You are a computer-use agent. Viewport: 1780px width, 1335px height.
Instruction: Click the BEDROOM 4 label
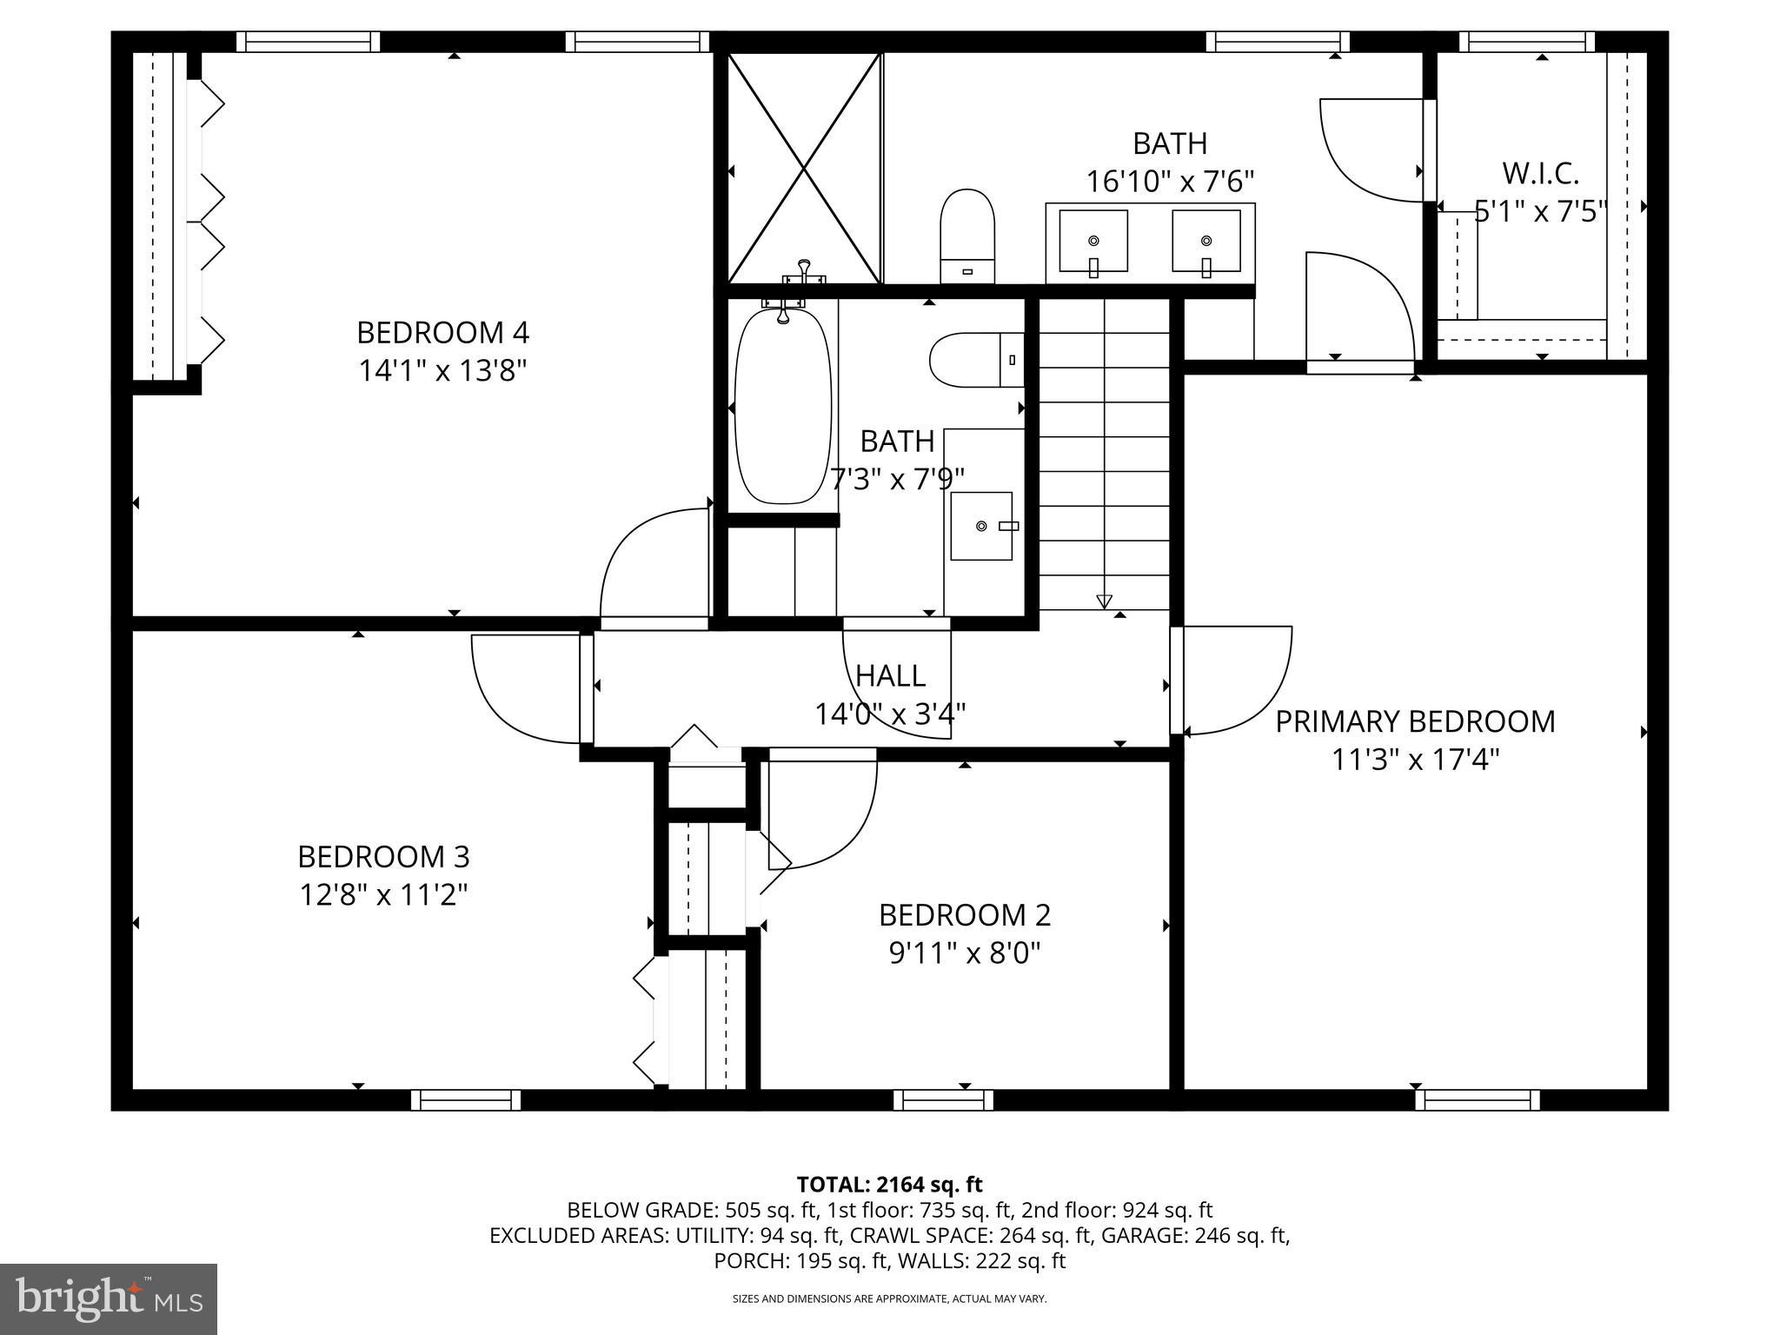point(442,333)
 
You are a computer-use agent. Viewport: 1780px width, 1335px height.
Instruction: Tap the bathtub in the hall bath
point(782,408)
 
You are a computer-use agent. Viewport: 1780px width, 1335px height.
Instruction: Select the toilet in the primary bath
point(967,235)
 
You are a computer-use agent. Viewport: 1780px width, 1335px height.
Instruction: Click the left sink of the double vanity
point(1093,241)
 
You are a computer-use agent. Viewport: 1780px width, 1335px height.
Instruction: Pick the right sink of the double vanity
point(1205,241)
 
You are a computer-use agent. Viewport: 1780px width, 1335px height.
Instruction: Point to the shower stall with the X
point(804,168)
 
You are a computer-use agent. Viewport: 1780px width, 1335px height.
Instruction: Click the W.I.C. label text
point(1540,174)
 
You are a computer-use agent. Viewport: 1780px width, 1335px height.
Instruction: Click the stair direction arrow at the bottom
point(1104,601)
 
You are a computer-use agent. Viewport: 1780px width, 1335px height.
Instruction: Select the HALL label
point(890,675)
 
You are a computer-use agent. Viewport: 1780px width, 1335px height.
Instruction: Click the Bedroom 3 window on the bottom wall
point(466,1099)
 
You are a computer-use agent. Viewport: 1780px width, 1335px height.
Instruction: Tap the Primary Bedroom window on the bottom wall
point(1477,1099)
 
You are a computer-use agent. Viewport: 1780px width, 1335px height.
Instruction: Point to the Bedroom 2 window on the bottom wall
point(943,1099)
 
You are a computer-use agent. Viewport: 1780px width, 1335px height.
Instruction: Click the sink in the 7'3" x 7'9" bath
point(981,526)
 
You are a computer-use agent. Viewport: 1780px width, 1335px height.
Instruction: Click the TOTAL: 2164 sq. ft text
point(889,1184)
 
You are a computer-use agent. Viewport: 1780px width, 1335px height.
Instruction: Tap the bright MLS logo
point(109,1298)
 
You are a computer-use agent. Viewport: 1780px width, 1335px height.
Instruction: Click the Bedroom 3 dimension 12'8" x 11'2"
point(383,894)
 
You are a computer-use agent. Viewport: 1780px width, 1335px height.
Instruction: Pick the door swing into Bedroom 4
point(654,565)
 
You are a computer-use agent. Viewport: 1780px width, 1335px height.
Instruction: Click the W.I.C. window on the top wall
point(1526,42)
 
